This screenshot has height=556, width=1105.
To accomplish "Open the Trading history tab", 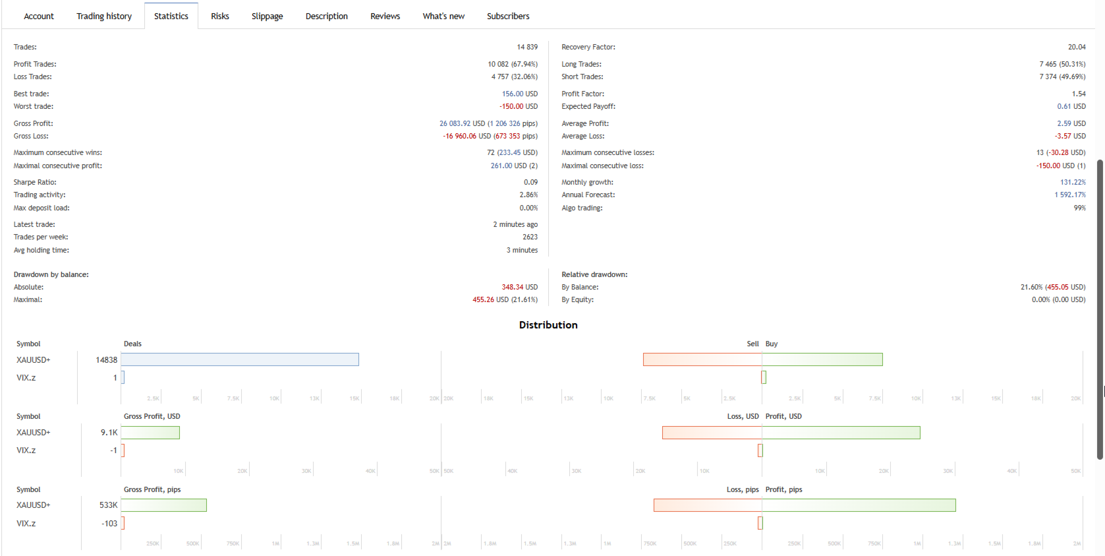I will [104, 16].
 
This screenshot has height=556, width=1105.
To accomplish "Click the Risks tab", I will [220, 16].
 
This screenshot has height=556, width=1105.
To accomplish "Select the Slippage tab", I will [267, 16].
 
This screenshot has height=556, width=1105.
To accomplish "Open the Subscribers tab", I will [508, 16].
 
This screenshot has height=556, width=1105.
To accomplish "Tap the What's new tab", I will [443, 16].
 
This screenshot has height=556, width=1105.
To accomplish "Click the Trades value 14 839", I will [527, 47].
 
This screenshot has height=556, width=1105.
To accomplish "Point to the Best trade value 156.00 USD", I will [520, 94].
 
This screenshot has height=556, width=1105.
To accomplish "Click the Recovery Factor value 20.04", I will [1077, 47].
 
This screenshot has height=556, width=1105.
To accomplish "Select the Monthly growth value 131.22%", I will [1073, 183].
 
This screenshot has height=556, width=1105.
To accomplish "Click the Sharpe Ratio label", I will [35, 183].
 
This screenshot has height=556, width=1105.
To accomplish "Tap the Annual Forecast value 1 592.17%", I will [1070, 195].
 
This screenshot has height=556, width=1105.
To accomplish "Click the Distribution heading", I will [548, 325].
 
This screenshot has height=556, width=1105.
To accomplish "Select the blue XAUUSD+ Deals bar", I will [240, 359].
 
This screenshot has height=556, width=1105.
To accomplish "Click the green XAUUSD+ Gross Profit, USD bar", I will [150, 433].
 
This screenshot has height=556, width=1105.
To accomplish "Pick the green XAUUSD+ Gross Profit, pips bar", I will [163, 505].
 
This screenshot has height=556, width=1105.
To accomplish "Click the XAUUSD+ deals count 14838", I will [106, 360].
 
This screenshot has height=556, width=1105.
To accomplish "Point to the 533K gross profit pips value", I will [108, 505].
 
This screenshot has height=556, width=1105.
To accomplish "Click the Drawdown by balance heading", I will [51, 275].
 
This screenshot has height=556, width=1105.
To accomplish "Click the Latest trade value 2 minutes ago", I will [515, 225].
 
